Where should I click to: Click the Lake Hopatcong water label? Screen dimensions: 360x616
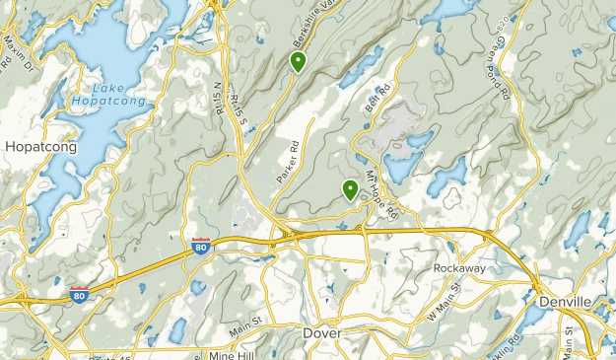(108, 94)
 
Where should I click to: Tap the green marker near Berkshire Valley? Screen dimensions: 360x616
(297, 62)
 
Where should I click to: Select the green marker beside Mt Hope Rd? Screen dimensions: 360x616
(350, 188)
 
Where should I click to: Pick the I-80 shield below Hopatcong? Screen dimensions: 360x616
(80, 294)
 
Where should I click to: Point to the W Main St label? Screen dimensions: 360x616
(444, 301)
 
